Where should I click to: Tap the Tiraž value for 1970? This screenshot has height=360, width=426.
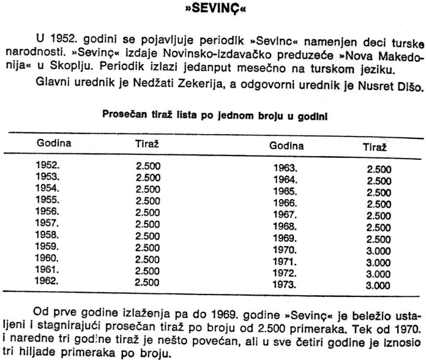pos(378,250)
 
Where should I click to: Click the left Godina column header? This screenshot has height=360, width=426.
pos(54,144)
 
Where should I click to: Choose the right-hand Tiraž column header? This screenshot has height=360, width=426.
pos(373,147)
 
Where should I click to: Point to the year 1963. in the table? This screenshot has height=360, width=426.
pos(285,168)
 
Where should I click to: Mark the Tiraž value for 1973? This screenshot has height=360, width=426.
pos(378,285)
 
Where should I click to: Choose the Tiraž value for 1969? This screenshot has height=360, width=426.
pos(378,238)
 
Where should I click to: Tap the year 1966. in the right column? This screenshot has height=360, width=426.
pos(285,203)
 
